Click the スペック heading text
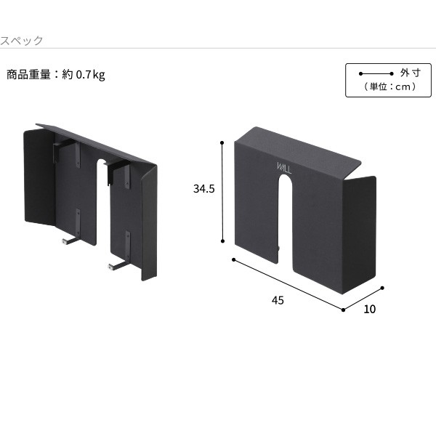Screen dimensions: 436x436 (x=21, y=41)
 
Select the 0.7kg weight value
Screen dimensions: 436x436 (x=90, y=75)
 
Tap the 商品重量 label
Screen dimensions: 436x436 (x=28, y=75)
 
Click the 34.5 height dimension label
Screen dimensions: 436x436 (x=203, y=189)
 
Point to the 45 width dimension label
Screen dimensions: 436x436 (x=278, y=300)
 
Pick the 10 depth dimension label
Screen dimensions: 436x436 (x=370, y=310)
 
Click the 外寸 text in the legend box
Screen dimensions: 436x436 (x=411, y=73)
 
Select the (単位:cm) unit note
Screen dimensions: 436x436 (x=390, y=86)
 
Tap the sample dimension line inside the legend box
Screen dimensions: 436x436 (x=376, y=73)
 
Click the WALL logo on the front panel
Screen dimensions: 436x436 (x=284, y=168)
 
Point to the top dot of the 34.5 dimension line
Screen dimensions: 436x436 (x=222, y=142)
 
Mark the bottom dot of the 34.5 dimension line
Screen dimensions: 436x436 (x=222, y=241)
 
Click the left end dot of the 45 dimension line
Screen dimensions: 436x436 (x=233, y=259)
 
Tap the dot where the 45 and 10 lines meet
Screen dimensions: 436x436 (x=343, y=310)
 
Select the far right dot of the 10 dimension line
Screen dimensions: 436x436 (x=382, y=288)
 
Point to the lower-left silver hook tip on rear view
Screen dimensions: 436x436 (x=64, y=242)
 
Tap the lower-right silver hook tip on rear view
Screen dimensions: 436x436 (x=110, y=267)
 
